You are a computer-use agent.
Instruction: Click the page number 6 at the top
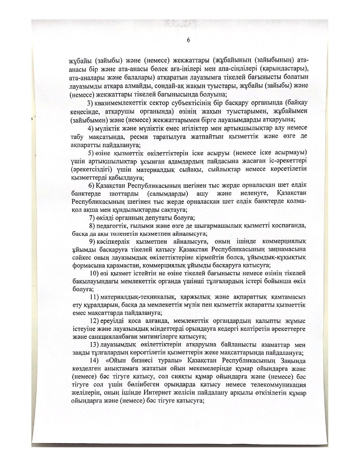coord(188,40)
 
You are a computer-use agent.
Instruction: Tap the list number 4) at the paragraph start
coord(91,129)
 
